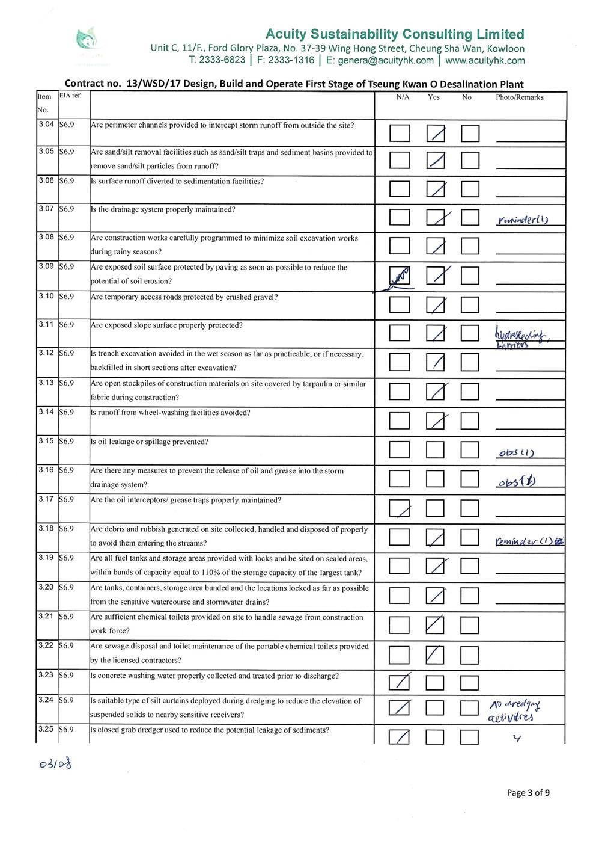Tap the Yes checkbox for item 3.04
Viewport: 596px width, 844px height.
tap(436, 133)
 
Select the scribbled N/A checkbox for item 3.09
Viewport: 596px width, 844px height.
tap(400, 276)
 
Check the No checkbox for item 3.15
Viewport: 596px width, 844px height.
tap(470, 449)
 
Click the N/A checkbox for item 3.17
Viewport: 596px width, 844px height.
tap(400, 508)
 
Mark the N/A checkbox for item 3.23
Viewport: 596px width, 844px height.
tap(399, 682)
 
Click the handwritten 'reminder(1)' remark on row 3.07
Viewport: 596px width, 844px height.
tap(522, 220)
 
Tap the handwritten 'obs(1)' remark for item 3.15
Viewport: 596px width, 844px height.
tap(517, 453)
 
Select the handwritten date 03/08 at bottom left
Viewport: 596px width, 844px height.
tap(55, 765)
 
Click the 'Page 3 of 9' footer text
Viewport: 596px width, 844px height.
tap(528, 792)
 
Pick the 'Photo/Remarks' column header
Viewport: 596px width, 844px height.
tap(519, 97)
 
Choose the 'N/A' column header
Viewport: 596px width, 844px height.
tap(403, 97)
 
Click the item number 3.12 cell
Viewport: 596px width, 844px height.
tap(46, 353)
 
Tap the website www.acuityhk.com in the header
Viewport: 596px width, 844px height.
tap(485, 60)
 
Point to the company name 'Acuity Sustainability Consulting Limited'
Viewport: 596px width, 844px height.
tap(395, 34)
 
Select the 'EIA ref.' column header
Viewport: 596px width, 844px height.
tap(70, 96)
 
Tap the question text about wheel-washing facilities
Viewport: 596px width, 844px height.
tap(170, 413)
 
